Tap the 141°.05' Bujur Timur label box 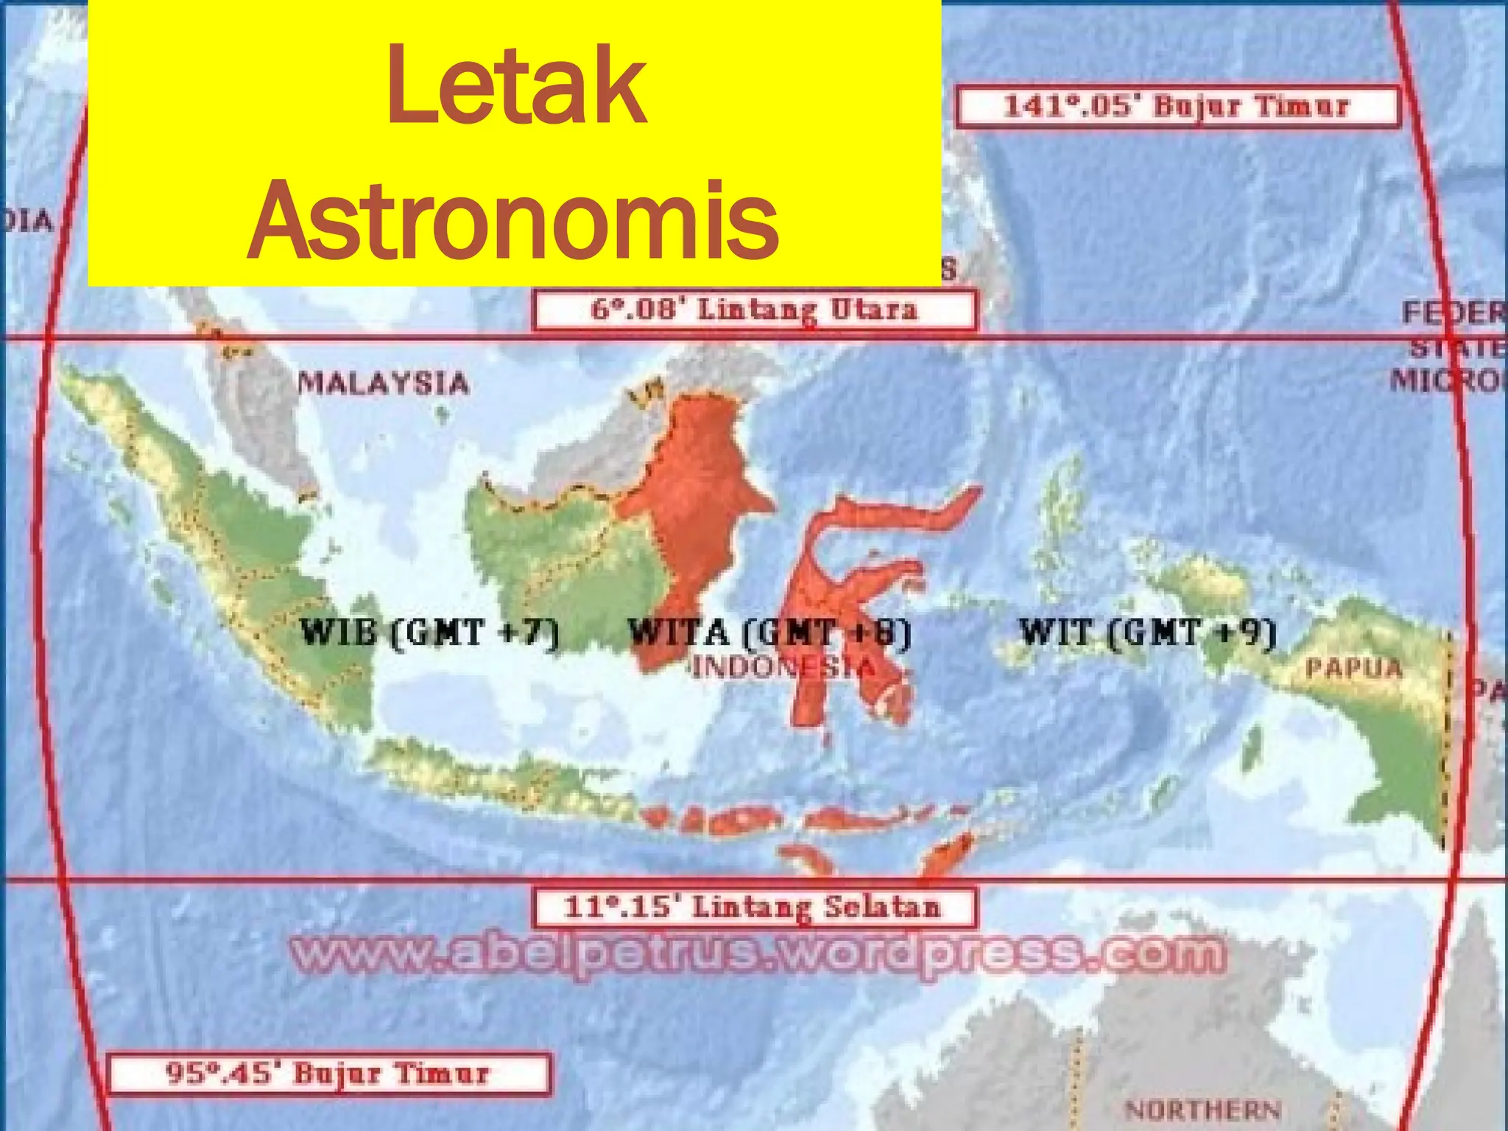point(1177,107)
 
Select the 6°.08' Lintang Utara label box point(754,310)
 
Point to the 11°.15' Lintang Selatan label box point(754,906)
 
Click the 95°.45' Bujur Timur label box point(328,1073)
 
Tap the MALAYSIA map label point(383,383)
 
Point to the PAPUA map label point(1353,667)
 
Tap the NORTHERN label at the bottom point(1203,1109)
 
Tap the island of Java point(501,781)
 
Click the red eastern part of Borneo point(700,501)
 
